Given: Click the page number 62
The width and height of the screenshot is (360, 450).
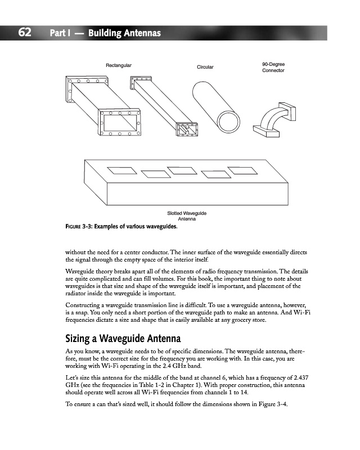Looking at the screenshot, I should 24,33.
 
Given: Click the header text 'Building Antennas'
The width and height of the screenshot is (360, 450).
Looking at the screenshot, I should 121,33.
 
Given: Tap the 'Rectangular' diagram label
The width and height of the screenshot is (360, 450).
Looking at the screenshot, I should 119,66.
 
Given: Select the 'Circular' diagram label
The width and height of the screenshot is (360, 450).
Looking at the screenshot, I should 205,67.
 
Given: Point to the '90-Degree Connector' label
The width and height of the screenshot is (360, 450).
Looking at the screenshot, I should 273,67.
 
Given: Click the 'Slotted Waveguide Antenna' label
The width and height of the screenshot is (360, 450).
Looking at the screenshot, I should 187,215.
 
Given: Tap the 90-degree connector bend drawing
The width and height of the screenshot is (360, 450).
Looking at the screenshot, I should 272,118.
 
